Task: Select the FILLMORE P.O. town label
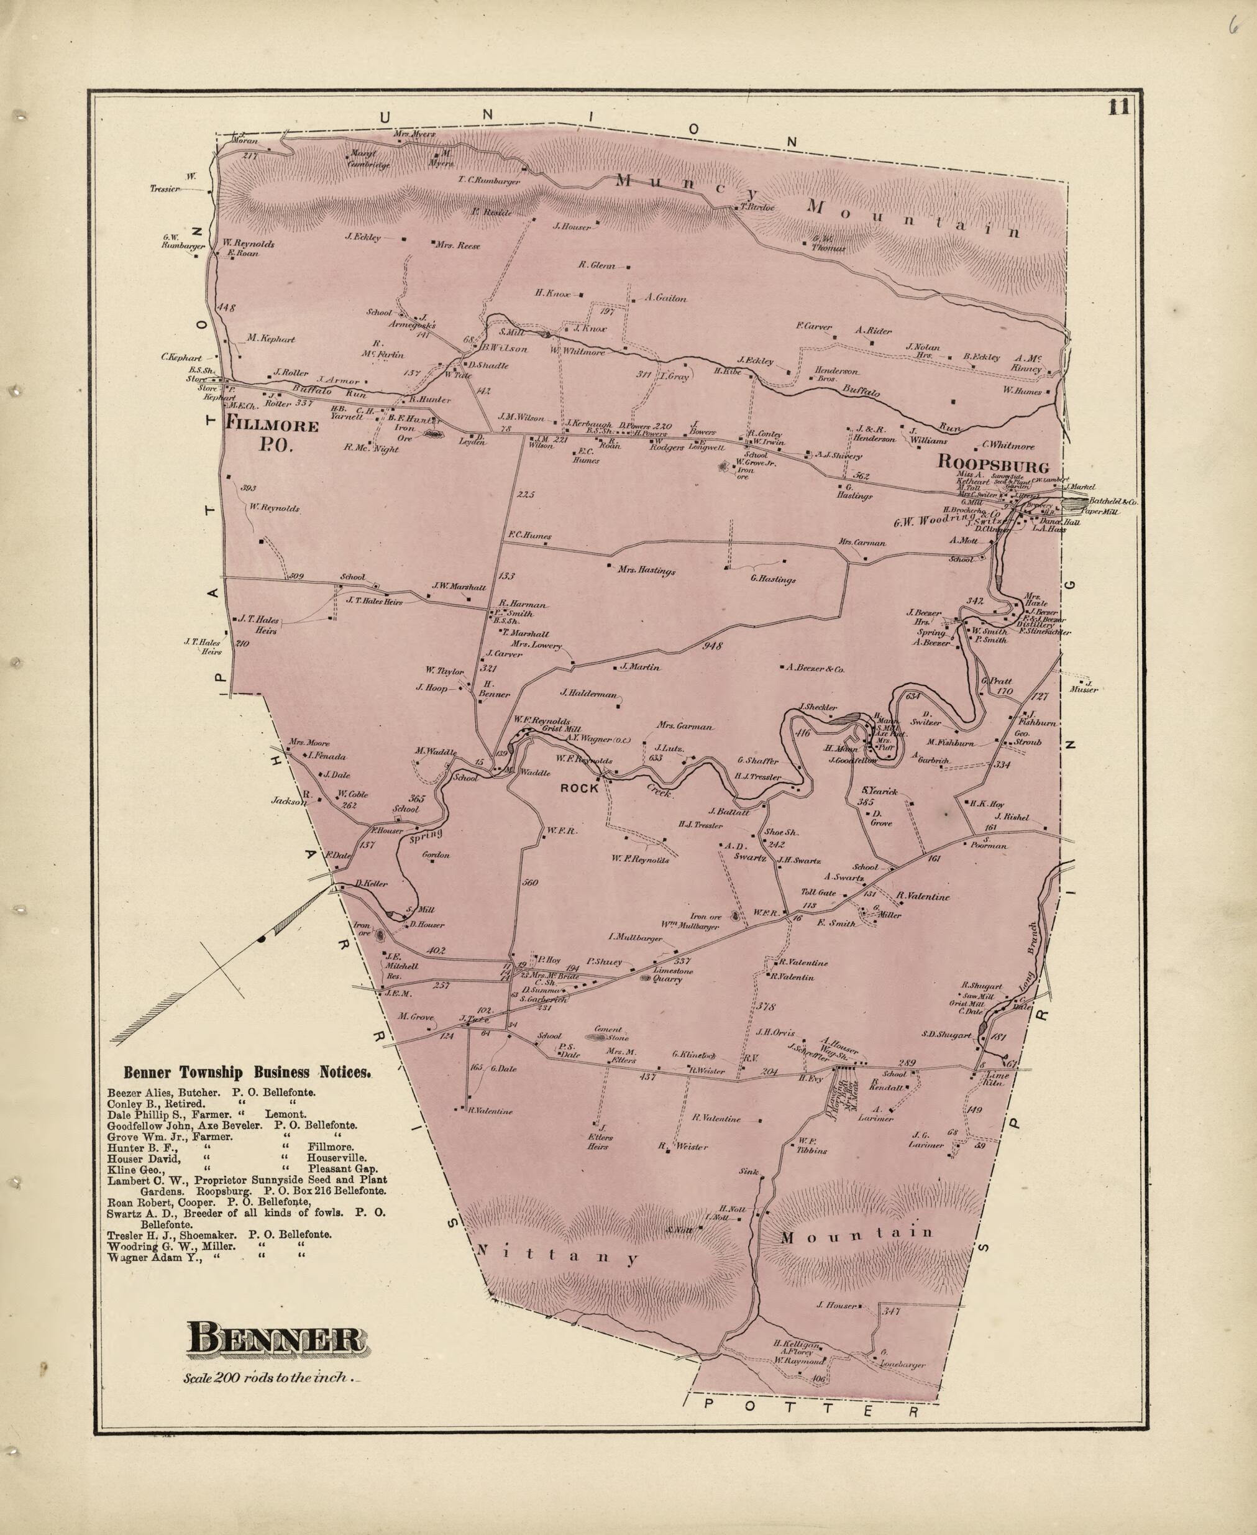pos(272,434)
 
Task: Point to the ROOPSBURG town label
pos(993,461)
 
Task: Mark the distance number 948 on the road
pos(713,645)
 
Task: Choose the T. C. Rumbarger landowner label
pos(489,181)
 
